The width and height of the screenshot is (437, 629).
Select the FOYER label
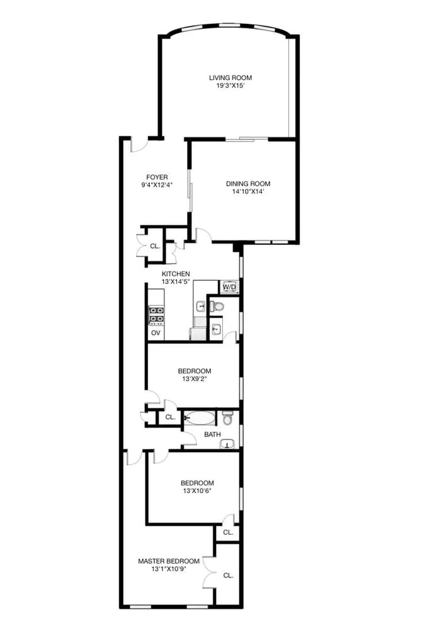click(x=157, y=177)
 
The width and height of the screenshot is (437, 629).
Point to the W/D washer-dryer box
click(x=228, y=288)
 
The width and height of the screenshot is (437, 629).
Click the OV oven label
click(x=156, y=332)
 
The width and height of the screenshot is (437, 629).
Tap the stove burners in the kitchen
click(x=156, y=315)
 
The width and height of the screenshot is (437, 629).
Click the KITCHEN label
click(x=176, y=274)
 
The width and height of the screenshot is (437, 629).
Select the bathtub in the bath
click(x=199, y=417)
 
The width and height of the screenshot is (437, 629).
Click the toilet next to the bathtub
click(x=227, y=417)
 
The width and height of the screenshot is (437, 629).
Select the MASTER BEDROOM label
click(x=169, y=561)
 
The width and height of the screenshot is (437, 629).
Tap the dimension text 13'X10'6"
click(x=194, y=491)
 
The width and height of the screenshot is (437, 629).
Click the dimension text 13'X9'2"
click(x=194, y=380)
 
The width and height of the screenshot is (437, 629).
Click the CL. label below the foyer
click(x=154, y=246)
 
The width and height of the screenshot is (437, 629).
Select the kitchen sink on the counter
click(x=200, y=307)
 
